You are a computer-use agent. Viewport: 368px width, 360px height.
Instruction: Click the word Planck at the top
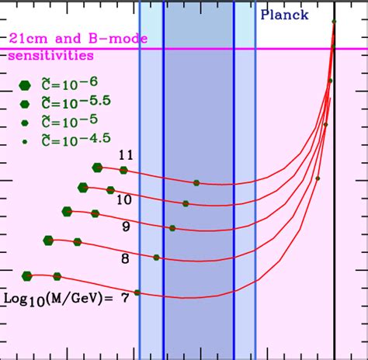(x=284, y=15)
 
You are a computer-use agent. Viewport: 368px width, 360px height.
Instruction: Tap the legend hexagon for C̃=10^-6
(x=26, y=85)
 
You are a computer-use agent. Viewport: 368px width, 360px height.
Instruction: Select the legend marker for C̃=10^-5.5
(x=26, y=104)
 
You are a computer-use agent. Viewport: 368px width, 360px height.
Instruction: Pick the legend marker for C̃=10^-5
(x=26, y=123)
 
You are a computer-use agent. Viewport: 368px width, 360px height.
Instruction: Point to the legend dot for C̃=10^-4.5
(x=26, y=141)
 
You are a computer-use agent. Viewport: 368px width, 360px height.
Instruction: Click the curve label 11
(x=126, y=155)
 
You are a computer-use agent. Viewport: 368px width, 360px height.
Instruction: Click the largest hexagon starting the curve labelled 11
(x=97, y=167)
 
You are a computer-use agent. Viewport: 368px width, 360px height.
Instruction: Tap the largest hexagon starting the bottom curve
(x=27, y=275)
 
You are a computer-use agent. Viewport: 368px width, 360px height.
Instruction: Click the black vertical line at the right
(x=335, y=233)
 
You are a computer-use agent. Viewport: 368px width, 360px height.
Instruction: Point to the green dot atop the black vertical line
(x=334, y=22)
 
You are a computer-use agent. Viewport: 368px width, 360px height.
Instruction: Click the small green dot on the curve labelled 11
(x=196, y=183)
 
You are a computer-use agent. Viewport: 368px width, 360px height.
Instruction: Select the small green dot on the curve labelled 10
(x=186, y=203)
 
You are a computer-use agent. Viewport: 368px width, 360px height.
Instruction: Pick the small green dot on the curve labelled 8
(x=157, y=257)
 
